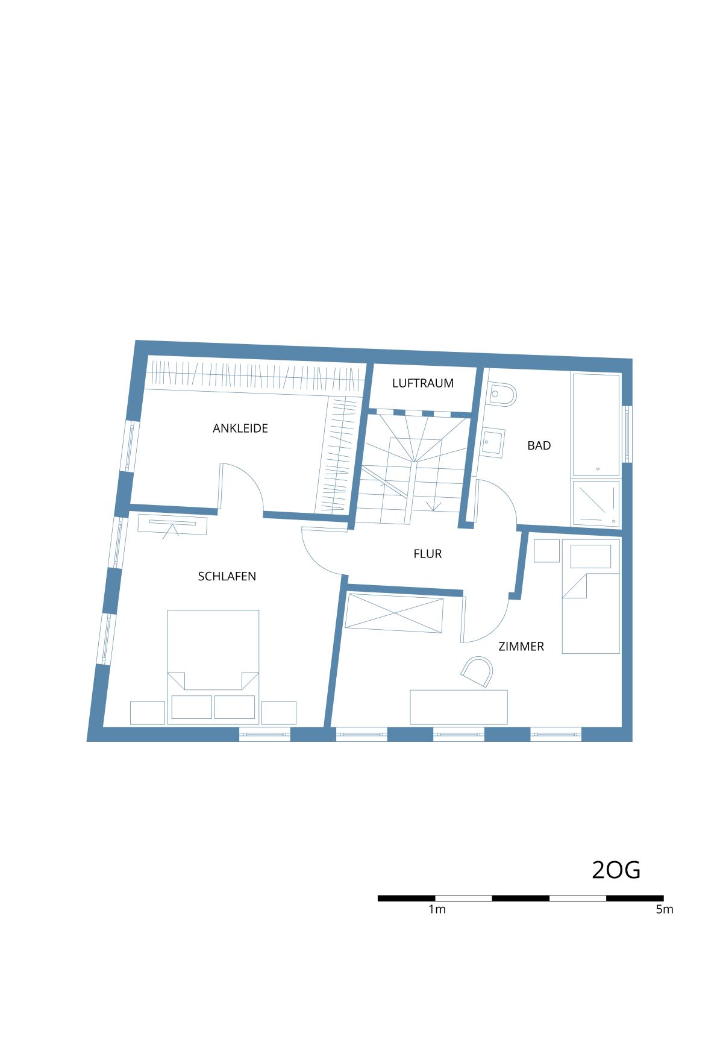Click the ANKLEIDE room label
tap(240, 428)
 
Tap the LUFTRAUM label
tap(423, 383)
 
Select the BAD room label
tap(539, 446)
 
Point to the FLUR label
tap(428, 554)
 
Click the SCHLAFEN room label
tap(227, 577)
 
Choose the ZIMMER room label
tap(521, 647)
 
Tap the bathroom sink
tap(493, 444)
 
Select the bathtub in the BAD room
tap(596, 424)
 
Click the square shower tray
tap(596, 501)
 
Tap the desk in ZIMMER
tap(459, 707)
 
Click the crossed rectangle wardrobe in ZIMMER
tap(395, 613)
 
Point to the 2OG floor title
tap(616, 870)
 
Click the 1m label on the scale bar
tap(437, 909)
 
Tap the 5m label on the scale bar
tap(665, 909)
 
